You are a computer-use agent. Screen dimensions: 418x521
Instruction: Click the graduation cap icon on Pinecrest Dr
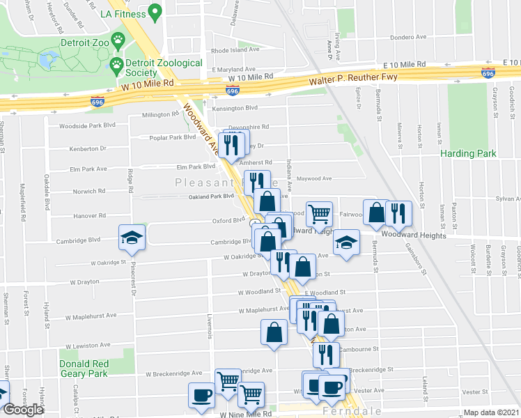(132, 237)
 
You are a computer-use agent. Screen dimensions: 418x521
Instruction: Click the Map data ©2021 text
(491, 412)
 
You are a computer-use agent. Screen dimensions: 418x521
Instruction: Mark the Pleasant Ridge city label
(209, 183)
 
